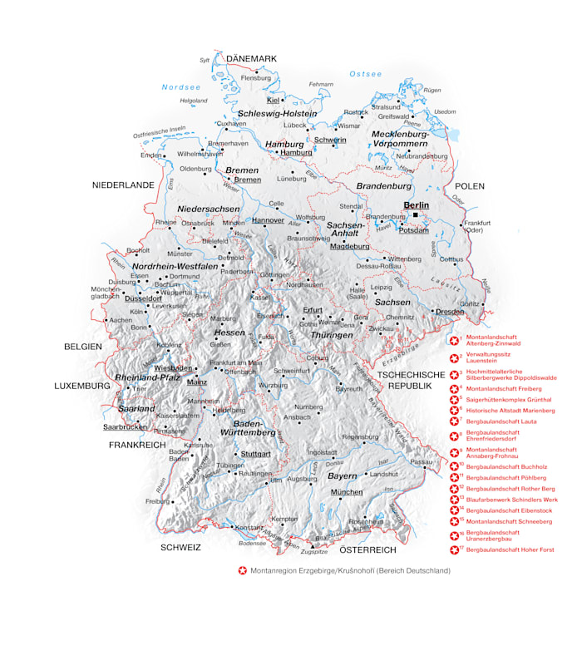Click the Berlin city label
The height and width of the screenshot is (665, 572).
point(416,204)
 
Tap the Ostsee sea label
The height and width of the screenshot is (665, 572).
point(365,74)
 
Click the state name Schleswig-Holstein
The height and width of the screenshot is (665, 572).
point(277,113)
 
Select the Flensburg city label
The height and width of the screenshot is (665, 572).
point(256,78)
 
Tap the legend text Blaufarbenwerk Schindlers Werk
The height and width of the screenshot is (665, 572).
point(511,500)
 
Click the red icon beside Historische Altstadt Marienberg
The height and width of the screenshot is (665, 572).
point(454,411)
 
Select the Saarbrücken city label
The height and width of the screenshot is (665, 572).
point(125,426)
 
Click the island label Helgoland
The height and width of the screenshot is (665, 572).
point(193,101)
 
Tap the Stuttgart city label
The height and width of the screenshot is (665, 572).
point(255,454)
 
